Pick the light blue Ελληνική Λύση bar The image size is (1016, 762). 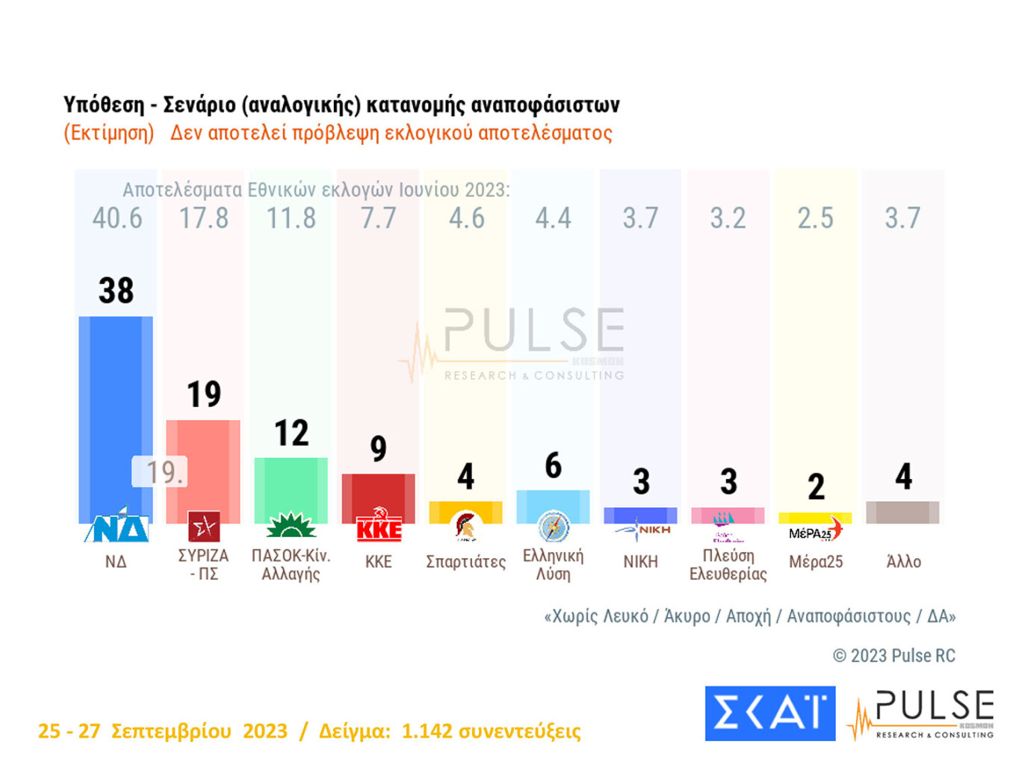point(553,506)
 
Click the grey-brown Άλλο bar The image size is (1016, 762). point(902,512)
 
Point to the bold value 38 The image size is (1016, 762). point(116,291)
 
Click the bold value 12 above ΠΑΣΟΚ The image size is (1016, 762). point(291,433)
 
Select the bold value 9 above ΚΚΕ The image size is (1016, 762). point(379,448)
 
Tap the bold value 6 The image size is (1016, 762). point(553,465)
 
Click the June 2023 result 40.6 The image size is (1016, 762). point(117,218)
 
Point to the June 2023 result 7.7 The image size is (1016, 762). point(379,218)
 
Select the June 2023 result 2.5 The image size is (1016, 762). point(815,218)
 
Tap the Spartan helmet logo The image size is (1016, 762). point(465,527)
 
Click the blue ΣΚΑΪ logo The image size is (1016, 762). point(770,713)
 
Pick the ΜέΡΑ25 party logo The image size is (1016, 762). point(815,531)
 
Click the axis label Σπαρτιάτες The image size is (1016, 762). point(465,562)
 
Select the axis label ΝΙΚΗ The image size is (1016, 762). point(640,562)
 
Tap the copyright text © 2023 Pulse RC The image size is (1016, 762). point(894,656)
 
